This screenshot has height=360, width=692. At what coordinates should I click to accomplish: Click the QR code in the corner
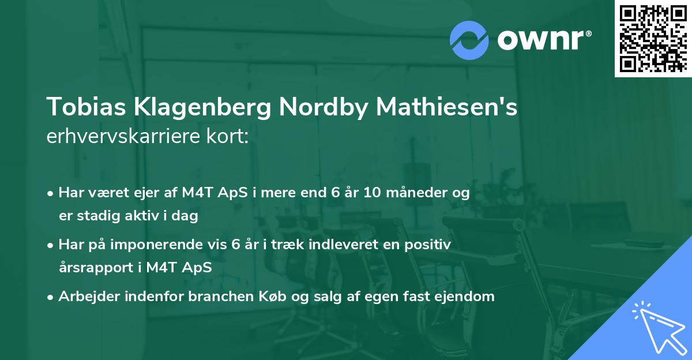[x=653, y=38]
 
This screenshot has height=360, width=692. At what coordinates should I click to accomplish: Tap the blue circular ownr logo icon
[x=469, y=40]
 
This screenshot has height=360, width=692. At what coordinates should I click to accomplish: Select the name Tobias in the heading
[x=81, y=108]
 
